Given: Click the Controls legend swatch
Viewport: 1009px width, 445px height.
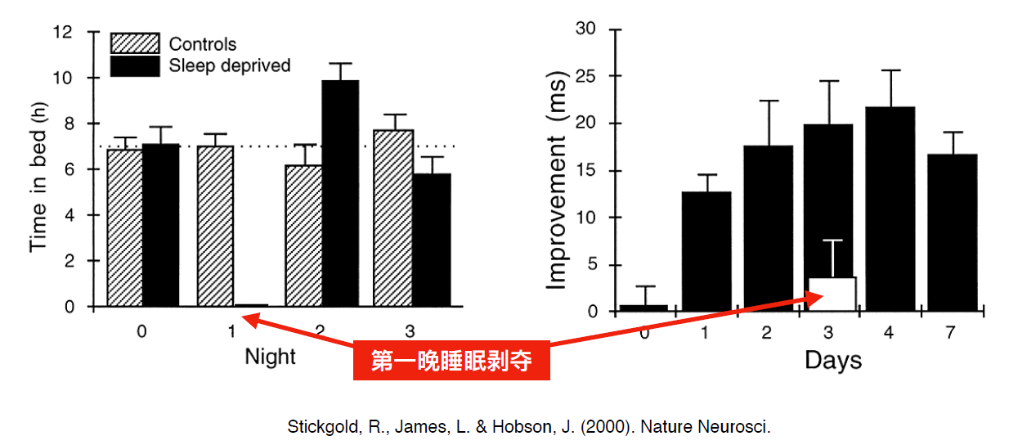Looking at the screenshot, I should click(x=135, y=44).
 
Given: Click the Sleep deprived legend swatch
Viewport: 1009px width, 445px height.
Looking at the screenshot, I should click(x=135, y=65).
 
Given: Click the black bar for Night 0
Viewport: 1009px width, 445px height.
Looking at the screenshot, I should click(x=161, y=225).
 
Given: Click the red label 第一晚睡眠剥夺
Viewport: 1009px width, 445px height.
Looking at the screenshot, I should click(x=451, y=360).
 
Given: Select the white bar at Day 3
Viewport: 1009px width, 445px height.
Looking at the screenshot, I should click(x=832, y=294).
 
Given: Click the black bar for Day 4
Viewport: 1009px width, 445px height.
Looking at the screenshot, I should click(x=891, y=209).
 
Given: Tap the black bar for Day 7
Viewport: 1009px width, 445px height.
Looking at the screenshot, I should click(x=953, y=232).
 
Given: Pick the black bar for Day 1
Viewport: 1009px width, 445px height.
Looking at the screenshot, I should click(x=706, y=251).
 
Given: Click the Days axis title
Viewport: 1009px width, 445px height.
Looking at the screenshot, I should click(x=832, y=360).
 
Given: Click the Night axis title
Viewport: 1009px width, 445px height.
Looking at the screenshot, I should click(x=270, y=357).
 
